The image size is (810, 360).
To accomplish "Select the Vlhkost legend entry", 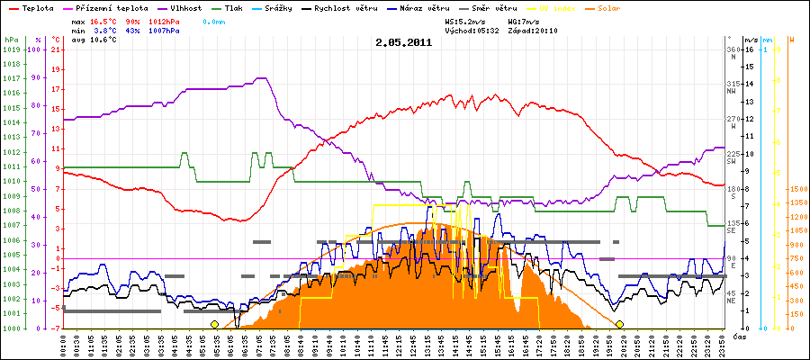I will pyautogui.click(x=185, y=6).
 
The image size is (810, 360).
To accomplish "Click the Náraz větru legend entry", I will pyautogui.click(x=425, y=6).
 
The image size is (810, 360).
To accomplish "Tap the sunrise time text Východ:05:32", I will pyautogui.click(x=477, y=30).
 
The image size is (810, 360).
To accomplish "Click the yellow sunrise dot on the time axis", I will pyautogui.click(x=214, y=324).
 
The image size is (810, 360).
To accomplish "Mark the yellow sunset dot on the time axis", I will pyautogui.click(x=619, y=324).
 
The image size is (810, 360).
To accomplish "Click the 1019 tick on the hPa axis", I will pyautogui.click(x=11, y=50).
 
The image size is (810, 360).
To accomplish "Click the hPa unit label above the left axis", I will pyautogui.click(x=11, y=40).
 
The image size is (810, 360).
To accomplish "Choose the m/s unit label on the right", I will pyautogui.click(x=751, y=40).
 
